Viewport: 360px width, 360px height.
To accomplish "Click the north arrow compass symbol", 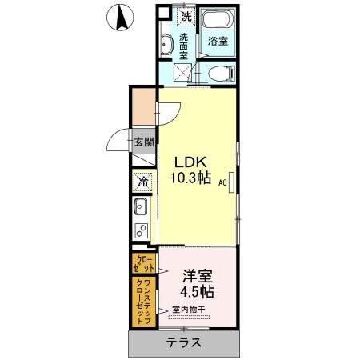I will click(120, 17).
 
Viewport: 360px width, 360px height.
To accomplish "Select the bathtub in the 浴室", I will click(215, 23).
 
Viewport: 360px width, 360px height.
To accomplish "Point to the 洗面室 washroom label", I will click(185, 47).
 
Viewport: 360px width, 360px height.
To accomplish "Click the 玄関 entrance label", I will click(144, 144).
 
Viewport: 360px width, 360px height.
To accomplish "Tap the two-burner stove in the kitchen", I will click(142, 232).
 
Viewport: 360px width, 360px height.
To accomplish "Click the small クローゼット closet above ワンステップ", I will click(145, 262).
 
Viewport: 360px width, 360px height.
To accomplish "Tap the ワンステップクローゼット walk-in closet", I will click(144, 300).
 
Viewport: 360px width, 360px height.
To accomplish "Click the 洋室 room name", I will click(196, 275).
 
